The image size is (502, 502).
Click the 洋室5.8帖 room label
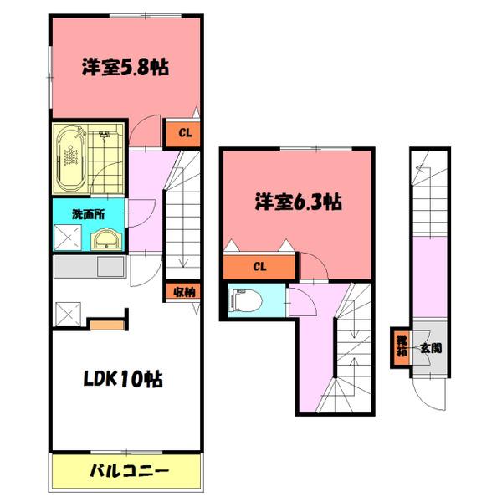click(x=125, y=67)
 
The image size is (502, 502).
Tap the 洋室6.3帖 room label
click(x=298, y=202)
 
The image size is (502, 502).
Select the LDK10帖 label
click(x=120, y=378)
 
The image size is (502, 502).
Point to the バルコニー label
click(x=129, y=471)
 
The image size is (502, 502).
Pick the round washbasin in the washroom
click(x=107, y=238)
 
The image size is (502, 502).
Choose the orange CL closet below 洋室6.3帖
click(x=259, y=268)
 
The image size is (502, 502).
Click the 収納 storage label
click(x=185, y=292)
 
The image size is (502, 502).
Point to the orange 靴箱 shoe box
click(x=402, y=347)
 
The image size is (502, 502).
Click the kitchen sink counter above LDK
click(x=88, y=269)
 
